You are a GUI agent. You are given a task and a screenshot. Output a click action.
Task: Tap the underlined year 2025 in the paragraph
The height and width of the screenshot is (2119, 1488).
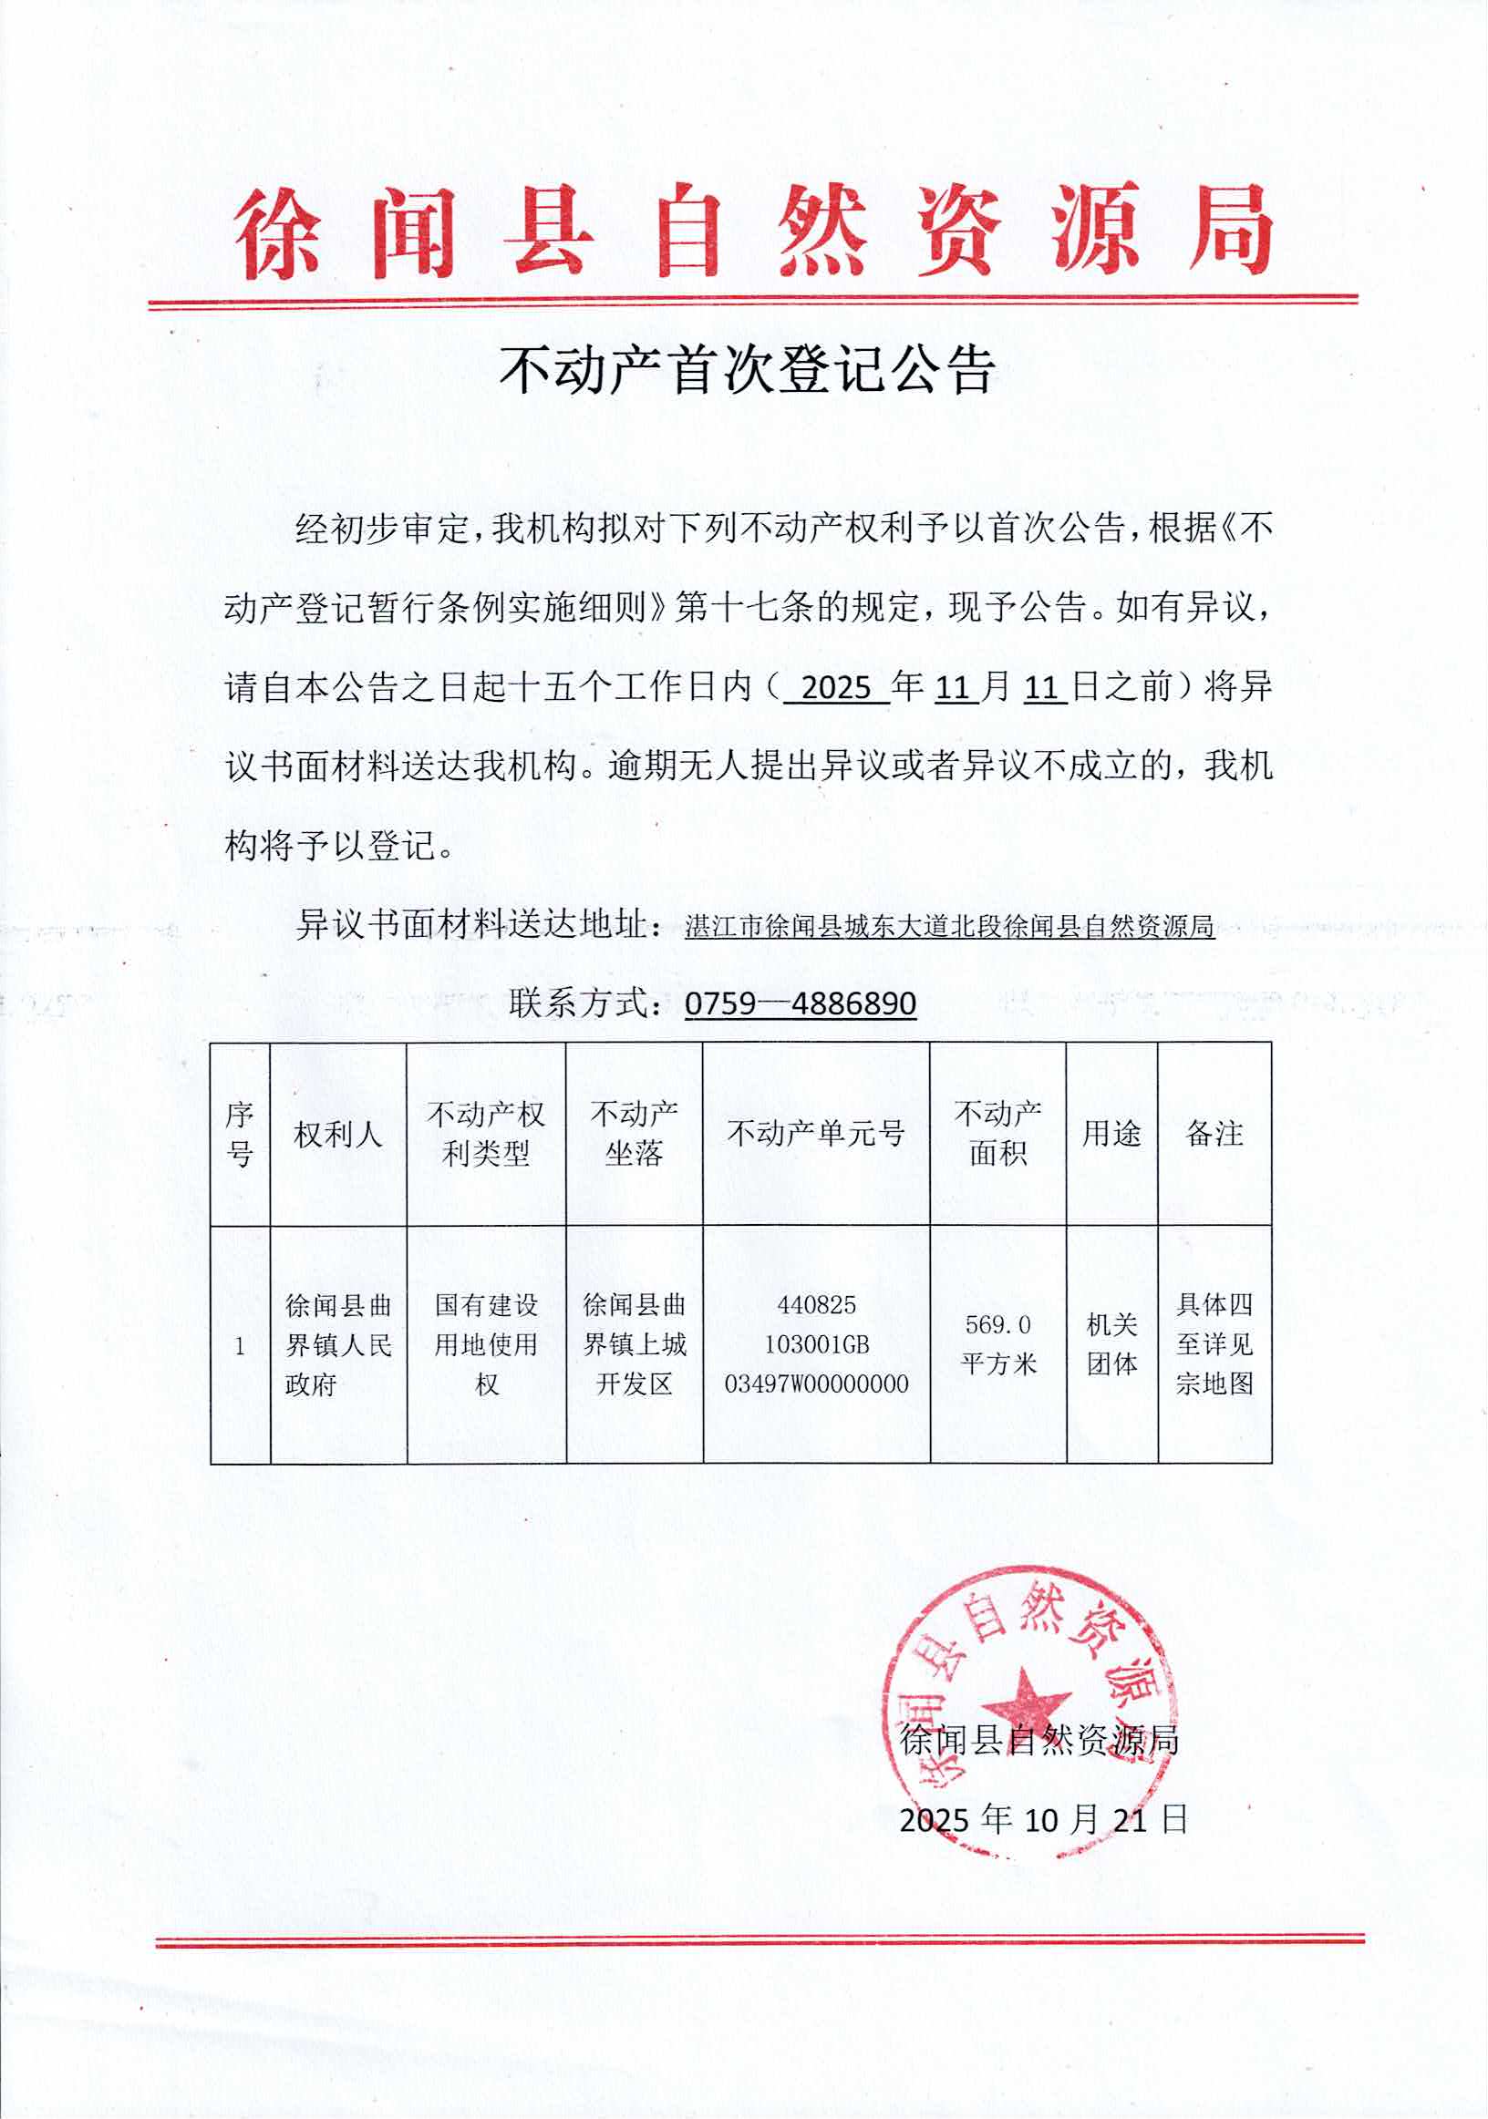[x=836, y=687]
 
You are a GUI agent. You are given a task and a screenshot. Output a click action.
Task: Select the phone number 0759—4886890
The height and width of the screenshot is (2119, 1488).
[x=801, y=1003]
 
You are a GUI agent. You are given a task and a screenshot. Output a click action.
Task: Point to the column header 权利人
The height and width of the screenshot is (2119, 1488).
[x=338, y=1135]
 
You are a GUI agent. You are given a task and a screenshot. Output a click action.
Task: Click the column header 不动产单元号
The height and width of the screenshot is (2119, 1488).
[x=816, y=1134]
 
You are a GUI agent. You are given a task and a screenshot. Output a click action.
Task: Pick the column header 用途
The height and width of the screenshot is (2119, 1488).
[x=1111, y=1134]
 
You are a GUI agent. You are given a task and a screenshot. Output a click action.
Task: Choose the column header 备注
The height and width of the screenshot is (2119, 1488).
[x=1214, y=1134]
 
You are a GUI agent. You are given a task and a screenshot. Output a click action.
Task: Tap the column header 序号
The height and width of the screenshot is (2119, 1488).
[x=240, y=1135]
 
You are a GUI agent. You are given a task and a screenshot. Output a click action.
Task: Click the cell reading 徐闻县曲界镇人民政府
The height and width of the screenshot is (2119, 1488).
[x=338, y=1344]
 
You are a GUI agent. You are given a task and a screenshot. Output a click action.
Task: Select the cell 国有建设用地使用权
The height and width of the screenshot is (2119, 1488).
[x=487, y=1344]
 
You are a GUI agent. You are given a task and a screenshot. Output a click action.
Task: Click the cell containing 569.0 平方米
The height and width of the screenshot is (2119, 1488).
[x=997, y=1344]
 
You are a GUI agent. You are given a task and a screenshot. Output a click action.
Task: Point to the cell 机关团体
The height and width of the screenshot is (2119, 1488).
[x=1111, y=1344]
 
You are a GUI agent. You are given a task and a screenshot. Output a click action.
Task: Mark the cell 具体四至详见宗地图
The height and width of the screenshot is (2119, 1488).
[x=1214, y=1344]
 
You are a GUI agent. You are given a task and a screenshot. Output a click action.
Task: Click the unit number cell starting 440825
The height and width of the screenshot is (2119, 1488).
[x=816, y=1344]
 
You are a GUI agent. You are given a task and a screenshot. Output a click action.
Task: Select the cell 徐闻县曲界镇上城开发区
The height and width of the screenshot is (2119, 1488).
[x=635, y=1344]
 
